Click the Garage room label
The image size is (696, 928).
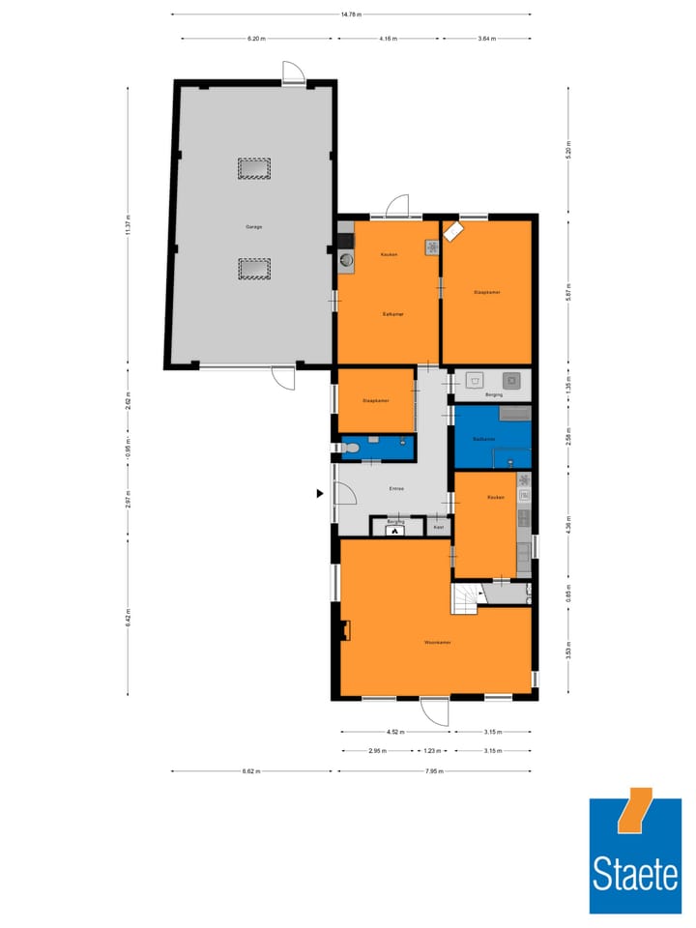pyautogui.click(x=254, y=227)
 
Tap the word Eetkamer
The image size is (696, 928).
pyautogui.click(x=392, y=314)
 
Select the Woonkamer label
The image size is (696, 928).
pyautogui.click(x=437, y=642)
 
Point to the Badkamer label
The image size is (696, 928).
pyautogui.click(x=484, y=439)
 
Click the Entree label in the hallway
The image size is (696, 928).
pyautogui.click(x=396, y=488)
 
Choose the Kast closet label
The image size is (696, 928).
pyautogui.click(x=438, y=527)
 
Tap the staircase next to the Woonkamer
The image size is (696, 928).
pyautogui.click(x=465, y=598)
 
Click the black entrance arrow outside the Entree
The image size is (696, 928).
pyautogui.click(x=320, y=494)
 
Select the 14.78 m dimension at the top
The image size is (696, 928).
pyautogui.click(x=351, y=14)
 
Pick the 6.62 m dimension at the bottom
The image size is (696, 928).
pyautogui.click(x=251, y=771)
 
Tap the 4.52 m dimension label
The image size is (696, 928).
pyautogui.click(x=395, y=733)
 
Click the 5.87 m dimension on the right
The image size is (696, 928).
pyautogui.click(x=569, y=287)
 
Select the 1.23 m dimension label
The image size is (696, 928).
pyautogui.click(x=432, y=751)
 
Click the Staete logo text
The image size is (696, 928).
pyautogui.click(x=636, y=876)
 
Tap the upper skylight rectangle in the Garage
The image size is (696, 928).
pyautogui.click(x=254, y=169)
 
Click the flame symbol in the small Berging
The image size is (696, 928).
pyautogui.click(x=395, y=530)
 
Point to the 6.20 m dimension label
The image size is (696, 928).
pyautogui.click(x=255, y=39)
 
